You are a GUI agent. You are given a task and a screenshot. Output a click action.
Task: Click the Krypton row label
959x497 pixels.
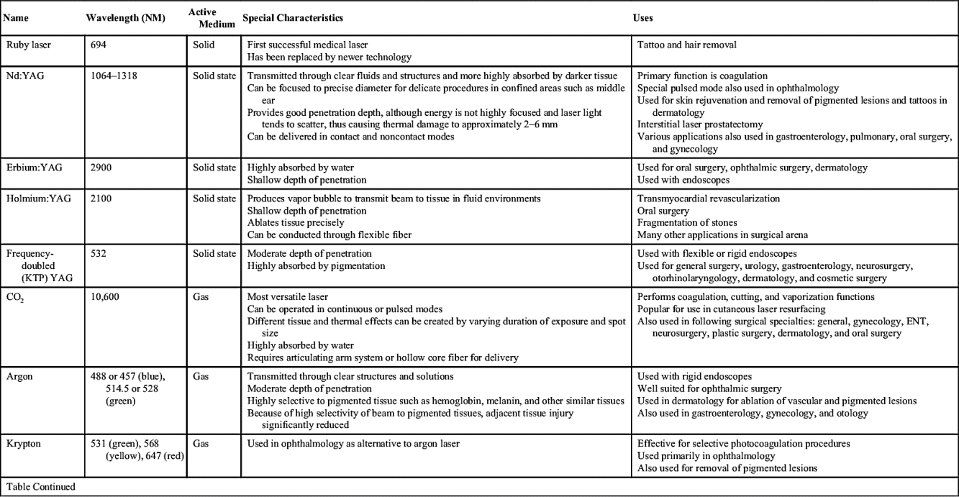point(23,444)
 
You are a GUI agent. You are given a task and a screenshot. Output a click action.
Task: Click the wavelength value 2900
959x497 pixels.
point(101,168)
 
